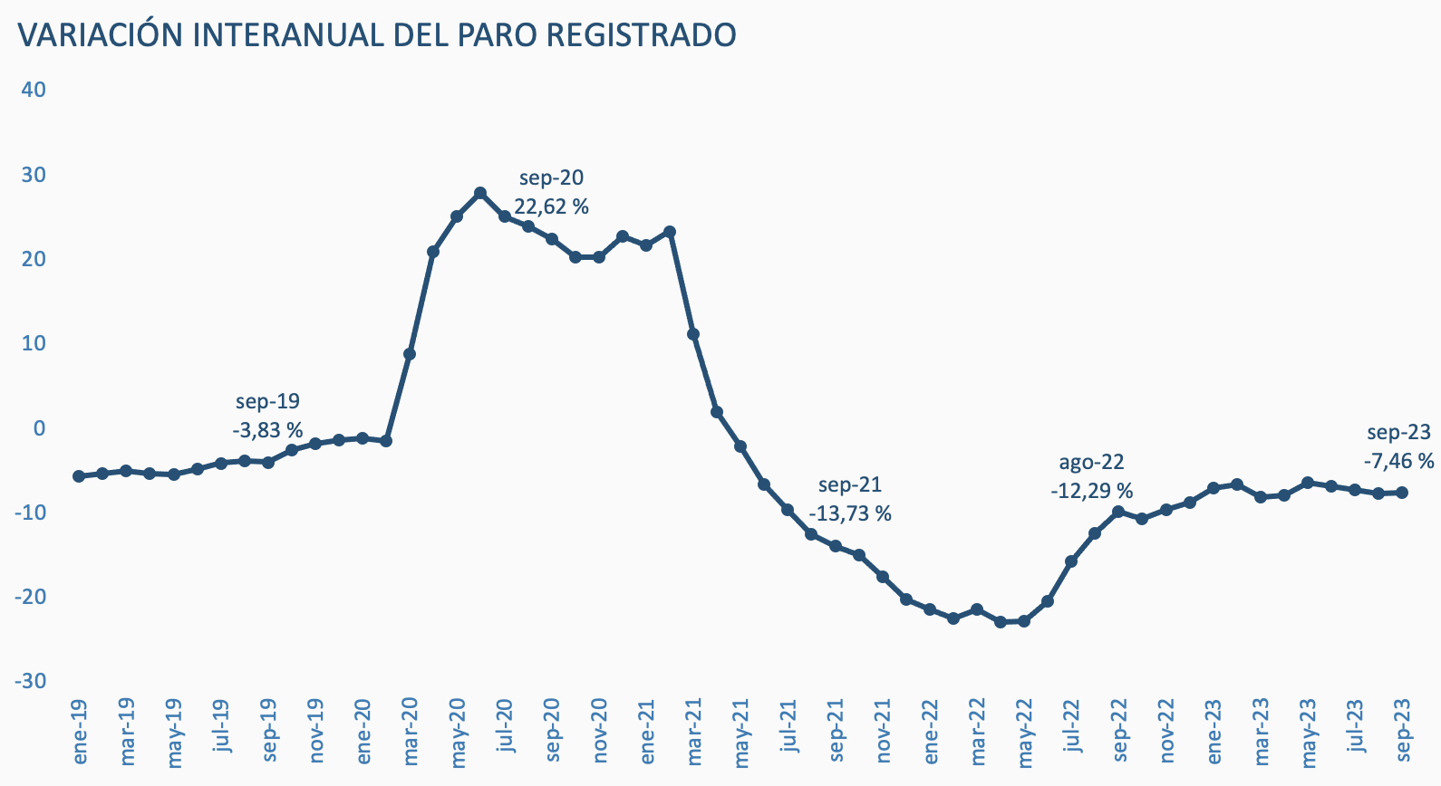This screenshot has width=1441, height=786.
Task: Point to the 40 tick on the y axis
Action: (34, 90)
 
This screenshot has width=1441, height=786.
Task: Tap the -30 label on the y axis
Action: (30, 681)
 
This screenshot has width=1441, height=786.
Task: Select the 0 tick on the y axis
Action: (39, 427)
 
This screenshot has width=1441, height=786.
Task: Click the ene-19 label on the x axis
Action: (79, 731)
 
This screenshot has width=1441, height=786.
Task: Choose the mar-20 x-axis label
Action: (410, 731)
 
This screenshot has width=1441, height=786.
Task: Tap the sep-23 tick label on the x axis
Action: (1402, 731)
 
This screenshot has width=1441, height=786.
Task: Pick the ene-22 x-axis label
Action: (930, 731)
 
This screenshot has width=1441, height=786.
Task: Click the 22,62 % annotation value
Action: (551, 206)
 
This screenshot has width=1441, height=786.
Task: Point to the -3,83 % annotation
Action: (267, 430)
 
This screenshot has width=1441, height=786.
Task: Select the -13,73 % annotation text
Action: (849, 514)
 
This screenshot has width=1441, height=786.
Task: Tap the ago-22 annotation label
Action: (1091, 463)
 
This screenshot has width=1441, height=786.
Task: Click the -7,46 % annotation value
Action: (1398, 461)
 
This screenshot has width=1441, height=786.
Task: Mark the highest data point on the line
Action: (480, 193)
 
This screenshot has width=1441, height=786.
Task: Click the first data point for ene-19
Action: (79, 476)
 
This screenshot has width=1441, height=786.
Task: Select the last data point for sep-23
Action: (1402, 493)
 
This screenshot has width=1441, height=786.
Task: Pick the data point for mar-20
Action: (410, 354)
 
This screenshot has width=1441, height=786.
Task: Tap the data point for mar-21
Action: (693, 334)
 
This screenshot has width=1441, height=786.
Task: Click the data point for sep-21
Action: (835, 546)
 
